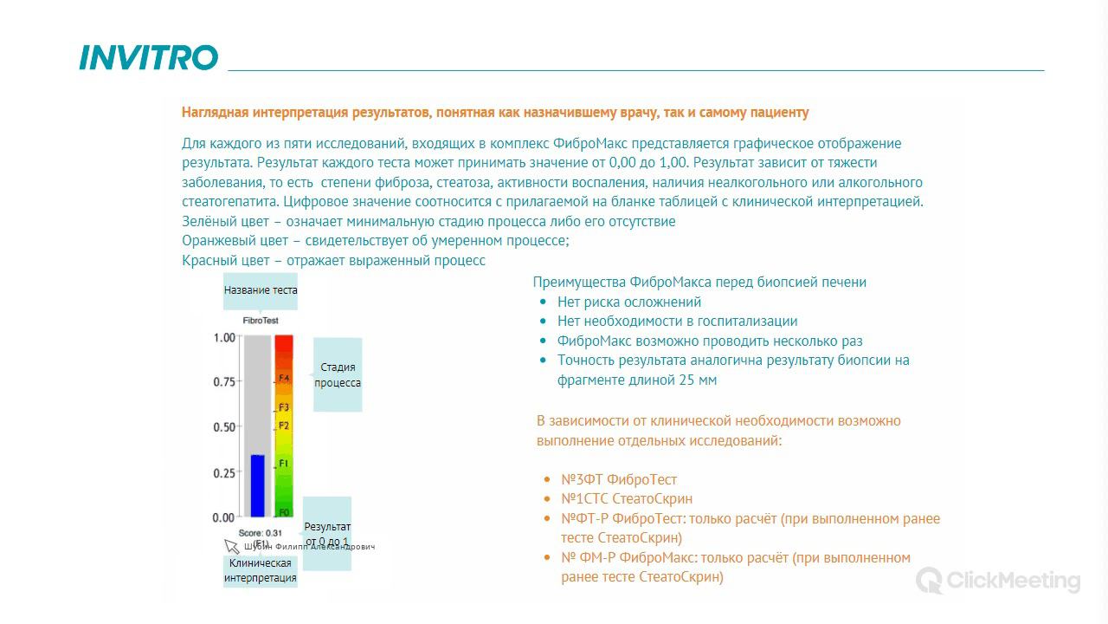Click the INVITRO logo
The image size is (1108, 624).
pyautogui.click(x=148, y=58)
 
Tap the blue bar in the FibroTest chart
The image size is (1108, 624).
pyautogui.click(x=257, y=485)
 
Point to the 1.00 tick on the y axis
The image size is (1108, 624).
pyautogui.click(x=224, y=337)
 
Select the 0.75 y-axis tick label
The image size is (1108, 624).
pyautogui.click(x=224, y=382)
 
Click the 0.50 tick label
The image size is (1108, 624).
pyautogui.click(x=224, y=427)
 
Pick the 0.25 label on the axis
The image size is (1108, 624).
pyautogui.click(x=224, y=473)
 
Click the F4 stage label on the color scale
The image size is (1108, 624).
pyautogui.click(x=284, y=379)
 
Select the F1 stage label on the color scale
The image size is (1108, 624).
pyautogui.click(x=284, y=465)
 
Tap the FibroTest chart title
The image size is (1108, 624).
pyautogui.click(x=261, y=321)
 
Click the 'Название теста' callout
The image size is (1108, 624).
pyautogui.click(x=261, y=290)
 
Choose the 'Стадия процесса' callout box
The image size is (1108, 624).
pyautogui.click(x=338, y=374)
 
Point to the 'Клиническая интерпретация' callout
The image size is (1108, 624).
pyautogui.click(x=261, y=570)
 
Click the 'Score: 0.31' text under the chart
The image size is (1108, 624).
pyautogui.click(x=261, y=533)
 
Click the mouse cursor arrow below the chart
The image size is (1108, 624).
pyautogui.click(x=231, y=545)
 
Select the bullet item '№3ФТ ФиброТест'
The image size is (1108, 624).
pyautogui.click(x=619, y=479)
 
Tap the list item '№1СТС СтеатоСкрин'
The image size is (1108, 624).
pyautogui.click(x=627, y=498)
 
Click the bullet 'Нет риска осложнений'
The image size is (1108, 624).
pyautogui.click(x=629, y=302)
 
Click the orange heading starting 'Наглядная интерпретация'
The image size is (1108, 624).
pyautogui.click(x=495, y=113)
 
